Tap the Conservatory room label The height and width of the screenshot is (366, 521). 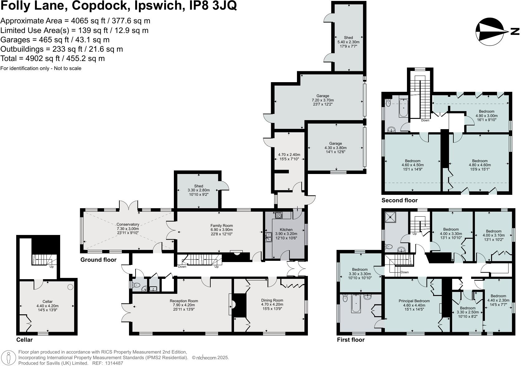(x=128, y=224)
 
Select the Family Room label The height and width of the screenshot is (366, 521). (x=222, y=226)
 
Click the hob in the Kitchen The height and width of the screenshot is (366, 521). (x=279, y=215)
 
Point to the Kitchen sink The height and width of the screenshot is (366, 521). (x=268, y=237)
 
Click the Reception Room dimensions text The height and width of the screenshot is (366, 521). (x=184, y=305)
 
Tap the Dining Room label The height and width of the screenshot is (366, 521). (x=272, y=300)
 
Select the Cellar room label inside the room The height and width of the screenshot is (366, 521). (x=47, y=302)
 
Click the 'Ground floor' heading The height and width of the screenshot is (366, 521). (x=98, y=260)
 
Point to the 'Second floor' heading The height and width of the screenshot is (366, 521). (x=399, y=200)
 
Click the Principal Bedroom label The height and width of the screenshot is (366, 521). (x=414, y=301)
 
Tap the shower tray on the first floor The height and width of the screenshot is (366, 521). (x=390, y=217)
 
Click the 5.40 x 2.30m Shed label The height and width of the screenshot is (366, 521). (x=348, y=38)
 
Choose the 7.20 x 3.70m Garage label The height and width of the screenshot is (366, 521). (x=323, y=96)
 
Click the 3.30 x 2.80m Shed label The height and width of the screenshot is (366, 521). (x=198, y=186)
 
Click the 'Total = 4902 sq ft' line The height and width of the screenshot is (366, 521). (x=53, y=59)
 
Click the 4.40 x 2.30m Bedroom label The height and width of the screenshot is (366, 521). (x=498, y=296)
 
